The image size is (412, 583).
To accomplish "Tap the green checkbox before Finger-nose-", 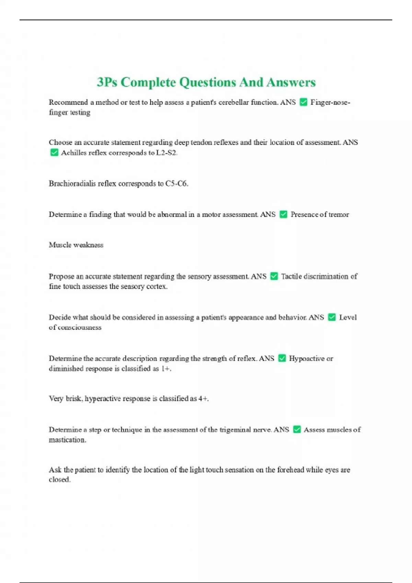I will [x=304, y=102].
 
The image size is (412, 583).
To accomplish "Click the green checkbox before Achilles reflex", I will [x=54, y=153].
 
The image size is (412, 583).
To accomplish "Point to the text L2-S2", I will [x=167, y=153].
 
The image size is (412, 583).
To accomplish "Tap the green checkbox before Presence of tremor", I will [x=283, y=214].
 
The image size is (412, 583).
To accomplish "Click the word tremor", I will [x=339, y=215].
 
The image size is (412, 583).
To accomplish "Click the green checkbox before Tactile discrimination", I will [x=274, y=276].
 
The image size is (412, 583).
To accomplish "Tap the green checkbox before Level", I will [x=332, y=317].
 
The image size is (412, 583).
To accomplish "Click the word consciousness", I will [x=79, y=328].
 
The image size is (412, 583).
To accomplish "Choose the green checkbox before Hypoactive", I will [x=282, y=358].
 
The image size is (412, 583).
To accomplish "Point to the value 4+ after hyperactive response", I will [x=203, y=398].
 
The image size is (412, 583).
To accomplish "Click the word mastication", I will [x=67, y=440].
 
